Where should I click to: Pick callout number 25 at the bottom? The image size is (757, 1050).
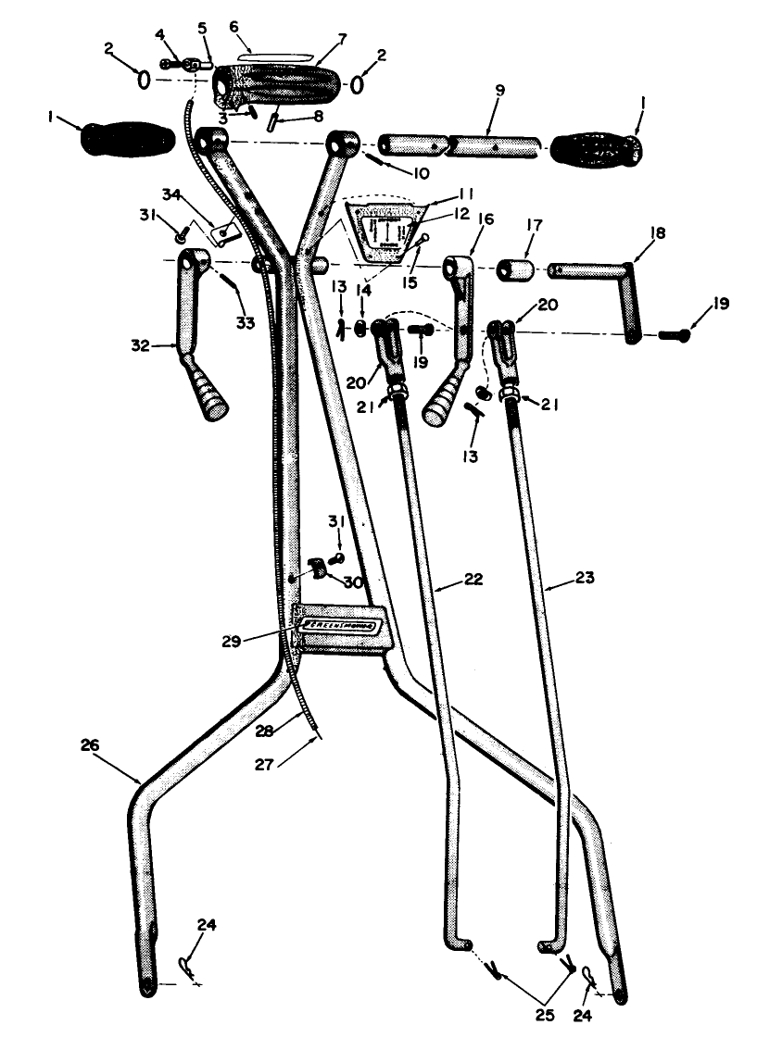[x=544, y=1016]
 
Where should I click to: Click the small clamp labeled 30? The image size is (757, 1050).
[x=317, y=568]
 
